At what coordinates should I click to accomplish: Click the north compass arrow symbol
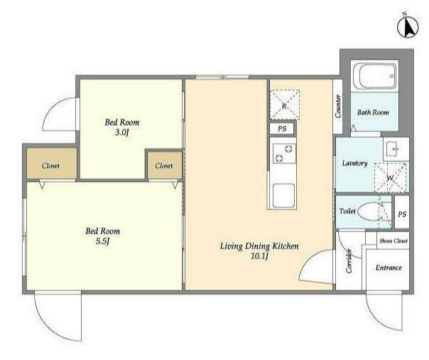pos(408,28)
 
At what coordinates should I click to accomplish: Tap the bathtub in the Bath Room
pos(374,76)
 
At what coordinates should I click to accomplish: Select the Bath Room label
pos(373,112)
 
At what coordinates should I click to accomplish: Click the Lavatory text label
pos(354,163)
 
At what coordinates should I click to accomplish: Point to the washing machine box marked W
pos(391,178)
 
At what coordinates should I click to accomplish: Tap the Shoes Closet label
pos(393,241)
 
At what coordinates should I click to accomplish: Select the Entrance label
pos(389,268)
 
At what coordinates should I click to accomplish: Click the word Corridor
pos(349,261)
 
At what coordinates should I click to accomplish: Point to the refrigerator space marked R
pos(285,104)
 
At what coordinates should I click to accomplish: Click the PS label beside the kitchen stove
pos(282,129)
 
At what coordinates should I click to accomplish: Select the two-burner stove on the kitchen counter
pos(284,153)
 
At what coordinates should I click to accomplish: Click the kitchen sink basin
pos(283,195)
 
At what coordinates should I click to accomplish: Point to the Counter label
pos(338,106)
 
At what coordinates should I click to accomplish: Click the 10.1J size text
pos(259,256)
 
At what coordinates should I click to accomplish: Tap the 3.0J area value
pos(121,133)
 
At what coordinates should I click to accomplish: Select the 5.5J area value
pos(102,242)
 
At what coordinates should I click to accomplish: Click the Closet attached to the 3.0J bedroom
pos(165,165)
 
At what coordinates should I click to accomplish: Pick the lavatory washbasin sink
pos(396,149)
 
